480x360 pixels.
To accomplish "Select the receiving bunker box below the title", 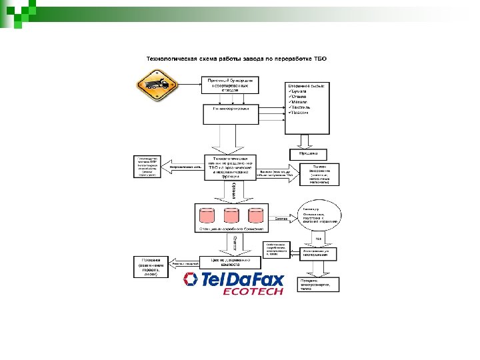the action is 231,84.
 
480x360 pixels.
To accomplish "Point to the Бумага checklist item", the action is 299,92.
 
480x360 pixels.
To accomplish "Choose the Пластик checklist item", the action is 300,113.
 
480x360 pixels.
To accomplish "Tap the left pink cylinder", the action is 207,215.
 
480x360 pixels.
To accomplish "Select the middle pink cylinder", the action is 231,215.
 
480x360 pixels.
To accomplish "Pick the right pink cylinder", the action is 256,215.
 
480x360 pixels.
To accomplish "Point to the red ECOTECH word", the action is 253,291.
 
